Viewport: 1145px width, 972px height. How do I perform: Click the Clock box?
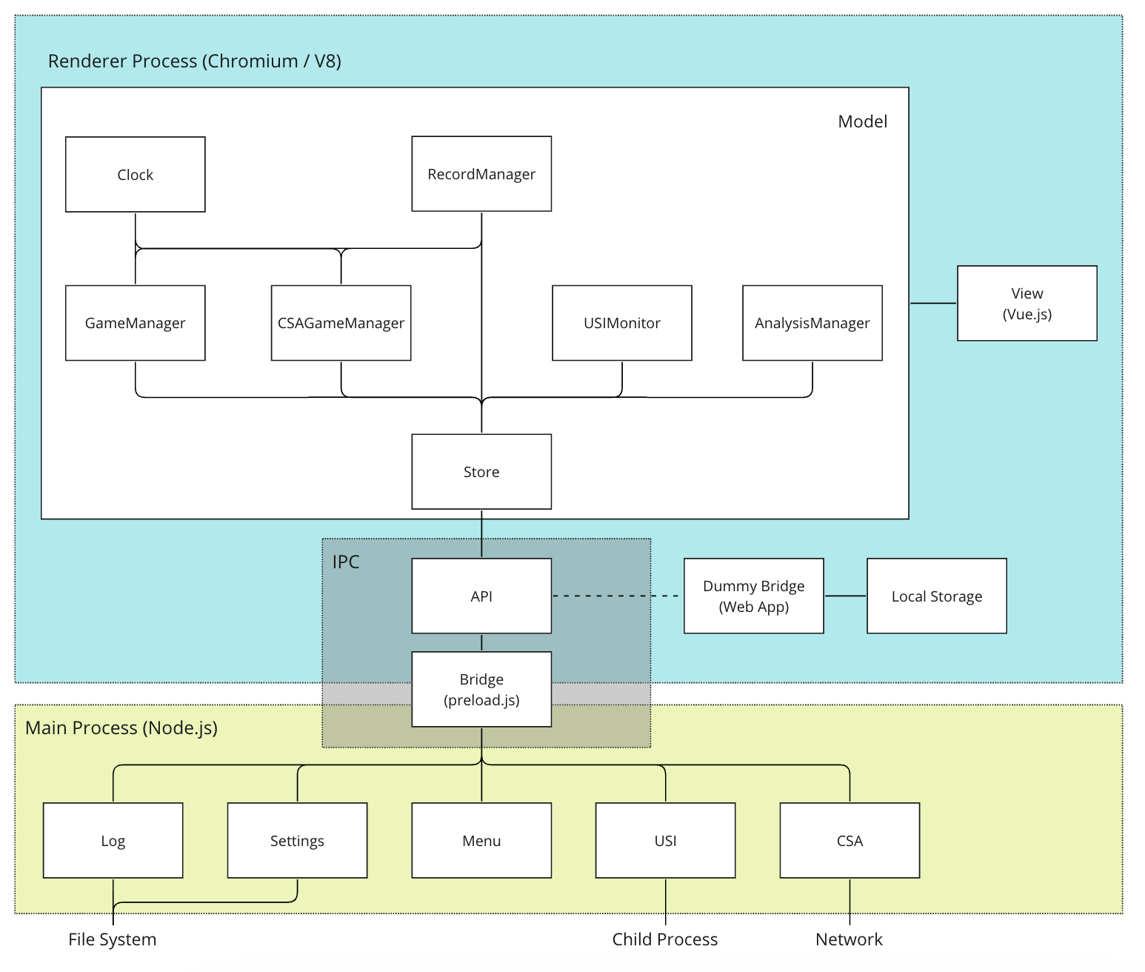pos(135,175)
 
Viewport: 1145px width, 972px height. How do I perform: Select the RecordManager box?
pos(481,174)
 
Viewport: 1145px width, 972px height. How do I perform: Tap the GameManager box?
pos(135,323)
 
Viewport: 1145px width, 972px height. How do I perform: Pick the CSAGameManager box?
pos(341,323)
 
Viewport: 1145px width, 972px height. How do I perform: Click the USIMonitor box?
pos(622,323)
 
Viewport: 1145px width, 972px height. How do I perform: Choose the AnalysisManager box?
pos(812,323)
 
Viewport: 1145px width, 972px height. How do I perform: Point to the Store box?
pos(481,472)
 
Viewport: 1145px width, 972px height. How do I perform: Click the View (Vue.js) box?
pos(1027,304)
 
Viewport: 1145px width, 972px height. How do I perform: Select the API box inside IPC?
pos(481,596)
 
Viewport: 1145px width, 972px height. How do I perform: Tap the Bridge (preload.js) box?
pos(481,689)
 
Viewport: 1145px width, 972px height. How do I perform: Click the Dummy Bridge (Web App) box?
pos(753,596)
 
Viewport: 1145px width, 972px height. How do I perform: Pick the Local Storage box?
pos(936,596)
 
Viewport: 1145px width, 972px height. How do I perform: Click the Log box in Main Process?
pos(113,841)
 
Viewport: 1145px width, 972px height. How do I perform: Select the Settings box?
pos(297,841)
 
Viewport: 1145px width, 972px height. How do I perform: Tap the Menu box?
pos(481,841)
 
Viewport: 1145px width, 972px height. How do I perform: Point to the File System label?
pos(113,939)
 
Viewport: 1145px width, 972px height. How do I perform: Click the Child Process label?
pos(665,939)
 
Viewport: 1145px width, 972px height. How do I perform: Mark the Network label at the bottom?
pos(849,939)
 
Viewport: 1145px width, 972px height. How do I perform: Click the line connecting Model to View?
pos(933,303)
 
